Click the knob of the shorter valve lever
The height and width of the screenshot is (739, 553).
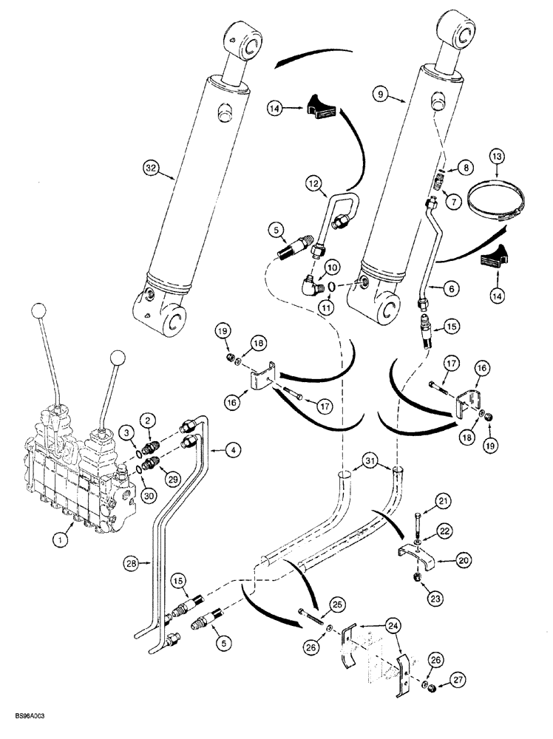tap(116, 358)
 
